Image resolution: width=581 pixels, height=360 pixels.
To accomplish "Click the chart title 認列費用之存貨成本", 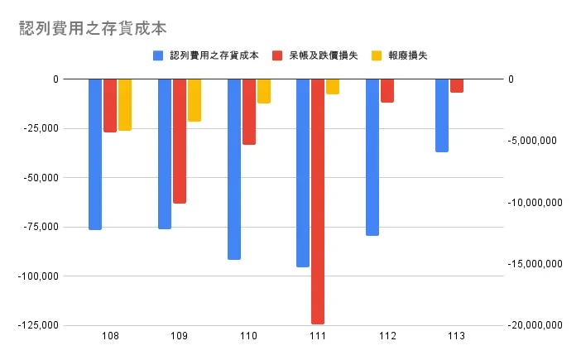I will [x=93, y=28].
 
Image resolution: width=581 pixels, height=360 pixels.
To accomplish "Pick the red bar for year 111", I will [x=318, y=201].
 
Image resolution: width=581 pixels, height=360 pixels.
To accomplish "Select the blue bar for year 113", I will [x=442, y=115].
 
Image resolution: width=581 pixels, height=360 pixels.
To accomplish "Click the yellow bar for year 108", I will [x=124, y=104].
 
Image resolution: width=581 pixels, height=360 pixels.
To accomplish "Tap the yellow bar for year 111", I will [x=332, y=86].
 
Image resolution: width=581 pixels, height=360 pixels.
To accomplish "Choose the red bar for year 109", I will [x=180, y=141].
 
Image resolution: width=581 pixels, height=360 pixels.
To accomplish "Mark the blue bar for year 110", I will [x=234, y=169].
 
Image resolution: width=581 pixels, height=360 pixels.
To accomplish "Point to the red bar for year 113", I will [x=457, y=85].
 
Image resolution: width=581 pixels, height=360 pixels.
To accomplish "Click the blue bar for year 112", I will [x=372, y=157].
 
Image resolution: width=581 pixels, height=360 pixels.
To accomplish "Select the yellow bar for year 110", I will [x=263, y=91].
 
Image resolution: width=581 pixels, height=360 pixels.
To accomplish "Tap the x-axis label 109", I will [x=179, y=337].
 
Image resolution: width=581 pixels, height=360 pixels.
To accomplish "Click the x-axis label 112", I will [x=387, y=337].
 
